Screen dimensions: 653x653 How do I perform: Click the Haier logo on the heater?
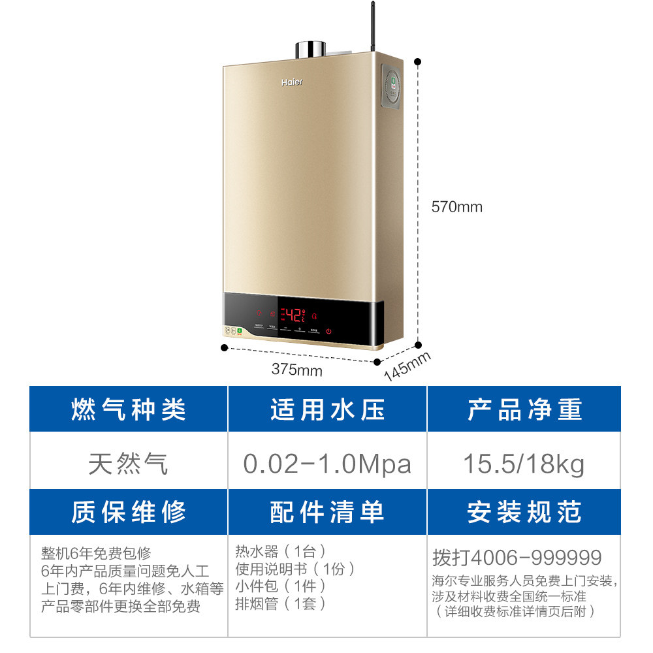pos(292,83)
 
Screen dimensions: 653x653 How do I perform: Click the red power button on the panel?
pos(328,331)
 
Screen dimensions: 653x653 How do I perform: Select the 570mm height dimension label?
pos(456,207)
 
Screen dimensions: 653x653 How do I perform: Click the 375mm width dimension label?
pos(297,370)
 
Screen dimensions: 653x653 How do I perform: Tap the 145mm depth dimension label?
pos(407,366)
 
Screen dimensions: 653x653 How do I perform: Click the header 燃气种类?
pos(129,409)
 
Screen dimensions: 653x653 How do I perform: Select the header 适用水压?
pos(327,409)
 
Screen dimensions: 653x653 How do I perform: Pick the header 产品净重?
pos(524,409)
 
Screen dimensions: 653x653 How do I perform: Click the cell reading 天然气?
pos(129,464)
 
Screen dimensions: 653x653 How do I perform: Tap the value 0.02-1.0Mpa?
pos(327,464)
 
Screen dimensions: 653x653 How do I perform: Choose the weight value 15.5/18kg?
pos(524,464)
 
